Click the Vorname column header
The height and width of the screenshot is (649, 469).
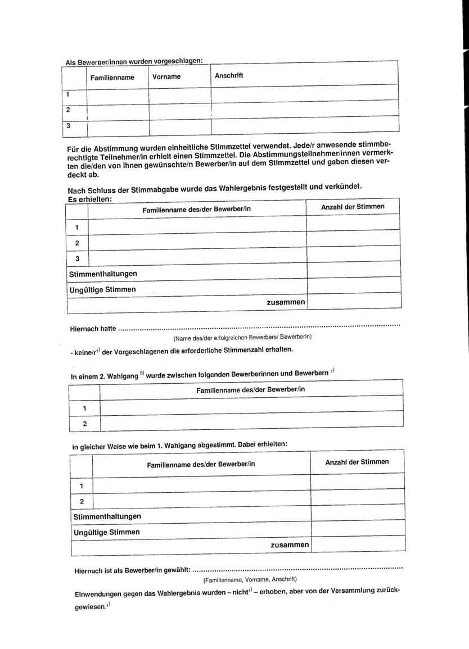coord(166,77)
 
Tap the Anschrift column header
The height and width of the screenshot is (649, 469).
coord(229,75)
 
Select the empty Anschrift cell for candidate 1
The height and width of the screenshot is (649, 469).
coord(304,94)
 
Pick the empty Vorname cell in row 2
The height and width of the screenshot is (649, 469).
coord(179,111)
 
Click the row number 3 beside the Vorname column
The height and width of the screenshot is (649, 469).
coord(69,126)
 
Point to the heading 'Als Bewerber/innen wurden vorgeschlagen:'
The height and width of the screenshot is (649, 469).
coord(134,62)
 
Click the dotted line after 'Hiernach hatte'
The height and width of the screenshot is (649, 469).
coord(259,326)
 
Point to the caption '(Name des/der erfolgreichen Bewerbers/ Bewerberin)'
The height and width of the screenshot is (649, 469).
coord(242,337)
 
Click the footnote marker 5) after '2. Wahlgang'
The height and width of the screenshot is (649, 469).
coord(142,373)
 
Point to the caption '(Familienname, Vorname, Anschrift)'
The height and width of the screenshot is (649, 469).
coord(250,579)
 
